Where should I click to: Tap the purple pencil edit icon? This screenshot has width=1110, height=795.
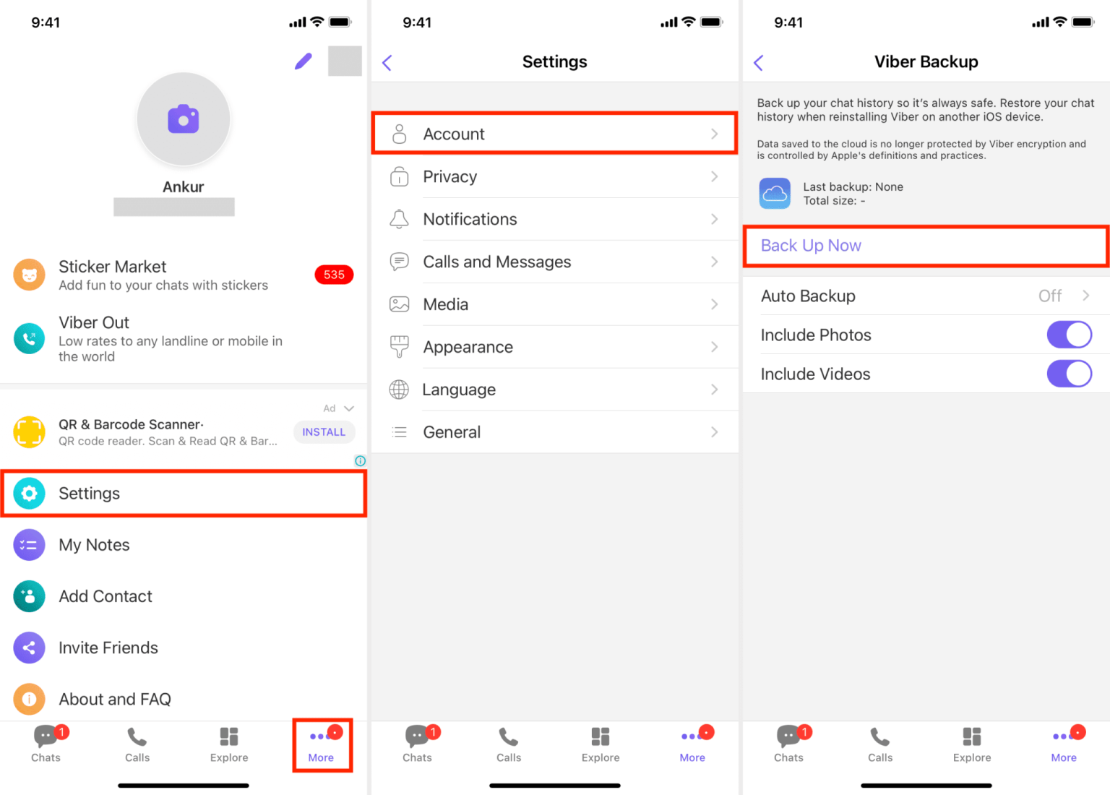304,61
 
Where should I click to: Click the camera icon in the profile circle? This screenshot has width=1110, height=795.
184,119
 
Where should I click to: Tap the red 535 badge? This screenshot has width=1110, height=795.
334,275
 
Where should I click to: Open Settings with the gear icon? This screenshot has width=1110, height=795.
29,494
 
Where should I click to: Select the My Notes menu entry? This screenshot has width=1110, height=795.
94,545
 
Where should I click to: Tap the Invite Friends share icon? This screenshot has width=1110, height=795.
29,648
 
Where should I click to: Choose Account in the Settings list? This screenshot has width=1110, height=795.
454,134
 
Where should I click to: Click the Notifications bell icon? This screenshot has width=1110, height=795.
399,219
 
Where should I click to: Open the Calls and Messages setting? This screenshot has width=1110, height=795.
496,262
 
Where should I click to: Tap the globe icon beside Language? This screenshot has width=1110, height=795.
399,390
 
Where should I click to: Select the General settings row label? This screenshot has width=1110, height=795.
452,432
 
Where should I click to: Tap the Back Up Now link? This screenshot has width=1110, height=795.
811,246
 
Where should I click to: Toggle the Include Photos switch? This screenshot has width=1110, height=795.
1069,335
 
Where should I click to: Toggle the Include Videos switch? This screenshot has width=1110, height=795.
1069,374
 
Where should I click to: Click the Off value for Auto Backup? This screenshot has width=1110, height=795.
1049,296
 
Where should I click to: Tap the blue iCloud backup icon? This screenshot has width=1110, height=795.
775,194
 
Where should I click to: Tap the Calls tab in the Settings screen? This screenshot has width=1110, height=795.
509,744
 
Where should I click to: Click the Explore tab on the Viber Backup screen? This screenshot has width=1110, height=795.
972,744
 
